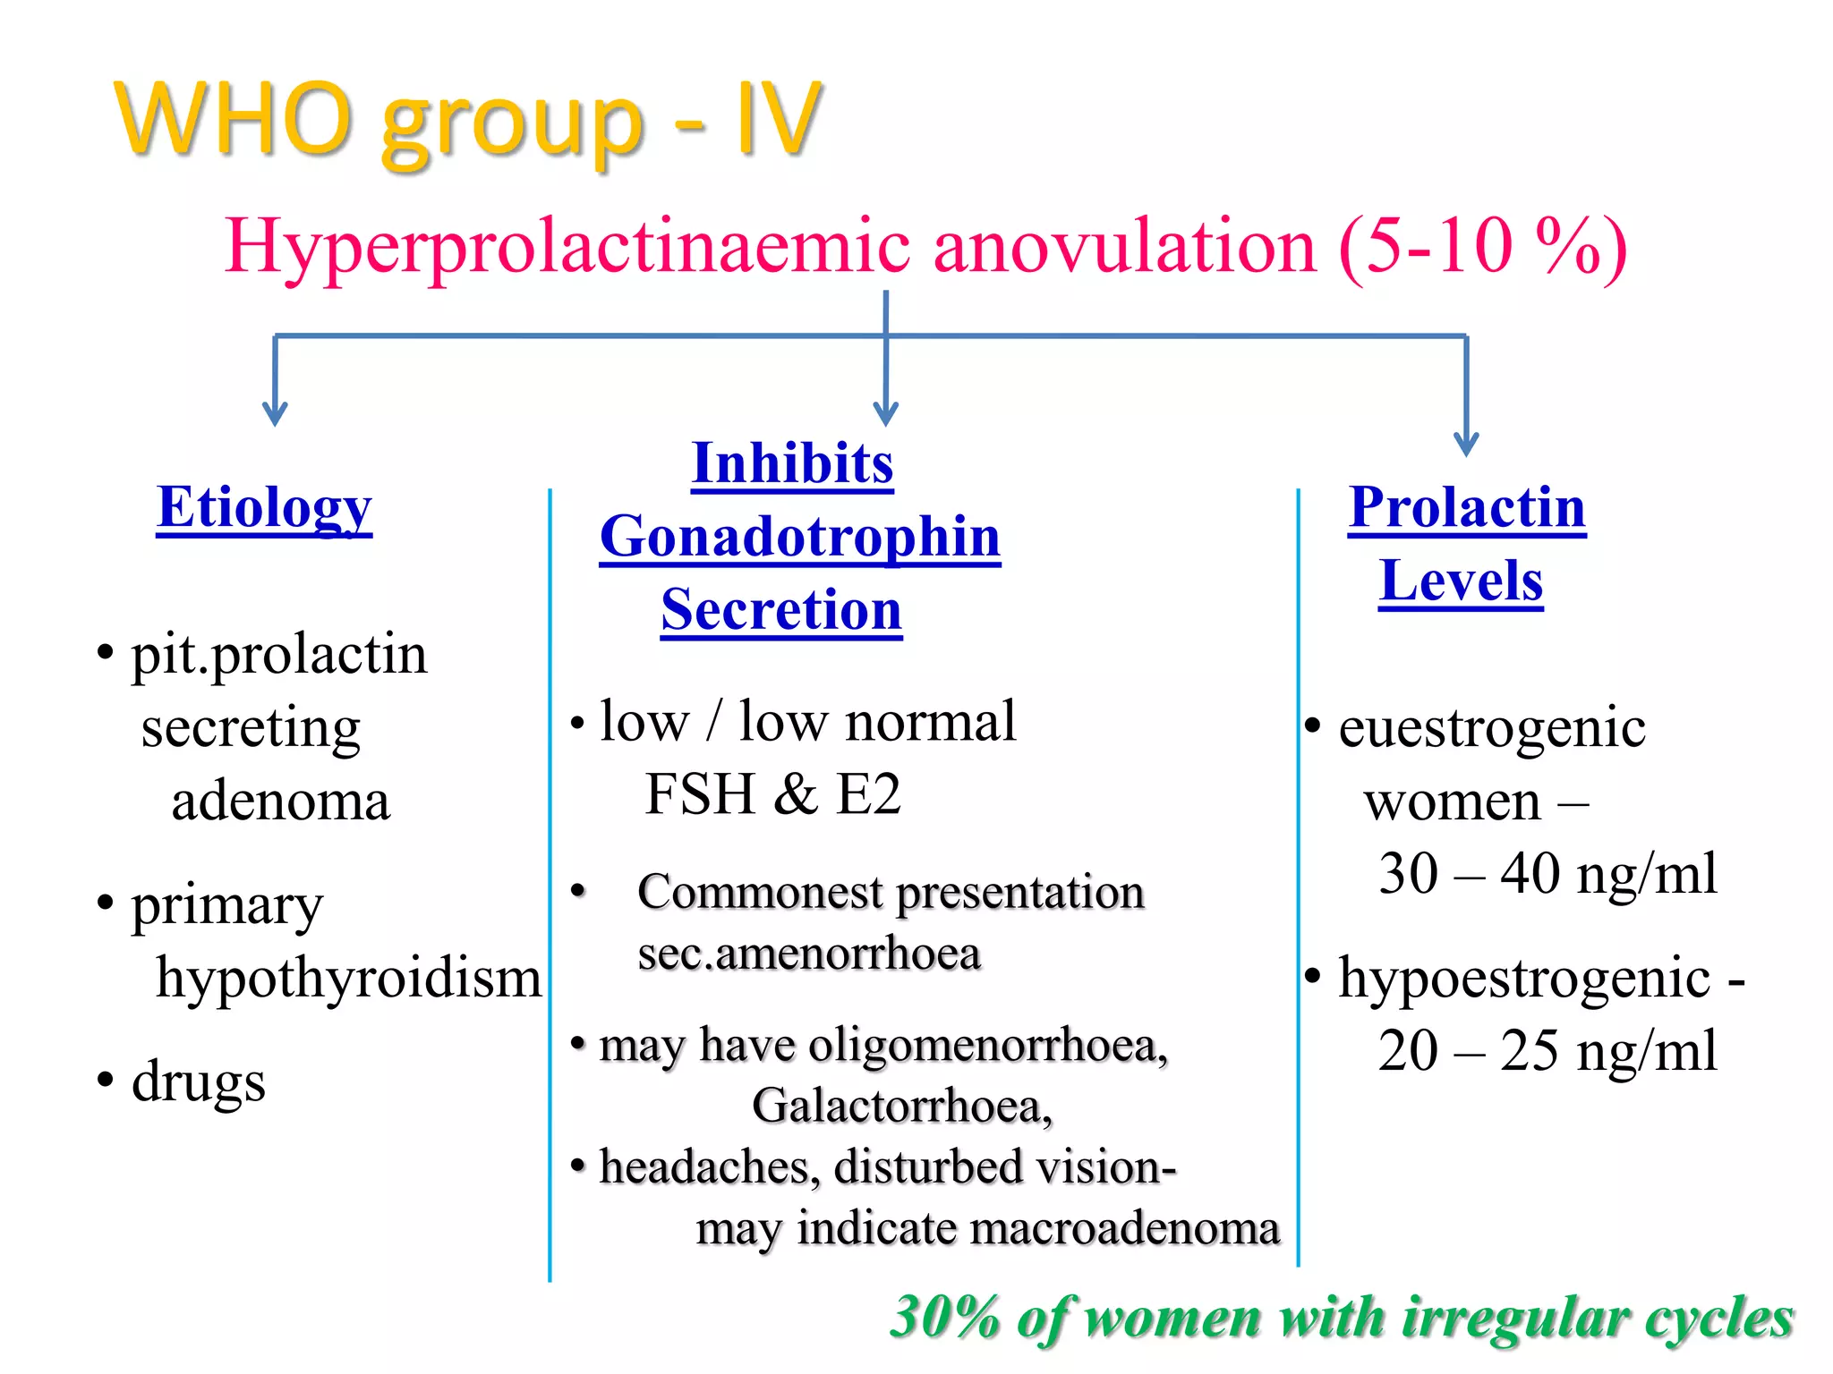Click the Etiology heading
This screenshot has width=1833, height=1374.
click(264, 508)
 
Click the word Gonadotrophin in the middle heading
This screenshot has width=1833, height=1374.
click(800, 537)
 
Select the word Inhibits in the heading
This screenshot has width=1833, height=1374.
click(792, 463)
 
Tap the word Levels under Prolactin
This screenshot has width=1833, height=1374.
click(1461, 581)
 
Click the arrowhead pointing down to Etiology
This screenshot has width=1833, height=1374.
click(275, 414)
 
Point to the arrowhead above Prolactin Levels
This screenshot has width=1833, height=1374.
click(1466, 444)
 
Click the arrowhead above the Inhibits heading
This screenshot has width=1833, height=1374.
click(885, 414)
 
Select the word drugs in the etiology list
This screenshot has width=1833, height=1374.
click(198, 1081)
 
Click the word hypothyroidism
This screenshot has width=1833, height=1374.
click(349, 978)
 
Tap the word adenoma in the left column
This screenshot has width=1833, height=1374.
click(281, 801)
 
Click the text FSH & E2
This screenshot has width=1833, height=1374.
click(772, 794)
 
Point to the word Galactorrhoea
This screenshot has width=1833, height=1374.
click(902, 1106)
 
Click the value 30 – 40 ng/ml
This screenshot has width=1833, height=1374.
click(1547, 874)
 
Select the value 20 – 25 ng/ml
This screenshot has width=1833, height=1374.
click(1547, 1051)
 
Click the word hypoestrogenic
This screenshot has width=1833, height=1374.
click(1524, 978)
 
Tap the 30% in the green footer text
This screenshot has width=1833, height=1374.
click(945, 1318)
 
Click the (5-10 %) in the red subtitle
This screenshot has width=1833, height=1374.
click(1482, 246)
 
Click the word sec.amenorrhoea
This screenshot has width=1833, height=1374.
click(809, 954)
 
